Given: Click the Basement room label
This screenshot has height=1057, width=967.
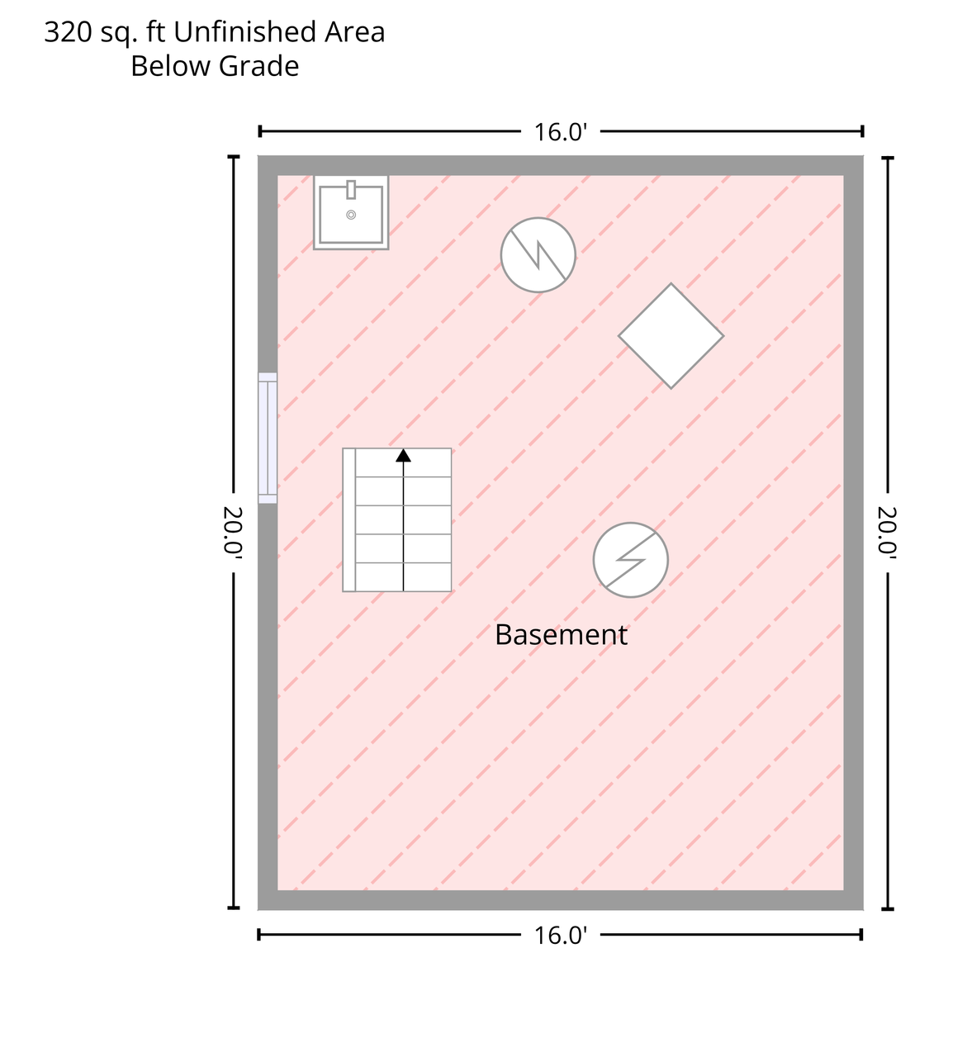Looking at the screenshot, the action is (561, 635).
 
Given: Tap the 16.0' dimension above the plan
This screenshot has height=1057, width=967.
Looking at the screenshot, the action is (560, 132).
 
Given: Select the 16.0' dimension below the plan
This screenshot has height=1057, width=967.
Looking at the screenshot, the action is (560, 936).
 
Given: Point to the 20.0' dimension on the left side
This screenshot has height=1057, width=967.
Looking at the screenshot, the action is (233, 531).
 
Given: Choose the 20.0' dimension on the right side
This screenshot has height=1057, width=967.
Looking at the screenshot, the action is (888, 531).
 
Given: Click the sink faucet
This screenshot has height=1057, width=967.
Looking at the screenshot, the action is (351, 190).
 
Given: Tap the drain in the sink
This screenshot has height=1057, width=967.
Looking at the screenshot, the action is (351, 215).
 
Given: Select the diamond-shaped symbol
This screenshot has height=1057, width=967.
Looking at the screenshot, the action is (671, 335).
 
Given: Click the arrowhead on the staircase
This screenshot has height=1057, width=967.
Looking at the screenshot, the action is (403, 456).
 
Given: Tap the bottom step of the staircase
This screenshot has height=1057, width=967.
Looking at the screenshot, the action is (403, 577).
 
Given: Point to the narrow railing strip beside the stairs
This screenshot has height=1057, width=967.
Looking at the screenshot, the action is (348, 519).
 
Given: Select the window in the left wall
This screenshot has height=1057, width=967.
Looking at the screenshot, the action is (268, 438).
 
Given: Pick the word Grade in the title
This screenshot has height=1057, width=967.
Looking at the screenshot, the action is (258, 66).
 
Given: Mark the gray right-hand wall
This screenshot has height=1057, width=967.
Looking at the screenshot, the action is (854, 533).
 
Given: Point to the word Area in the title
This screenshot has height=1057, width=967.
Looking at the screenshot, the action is (354, 31).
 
